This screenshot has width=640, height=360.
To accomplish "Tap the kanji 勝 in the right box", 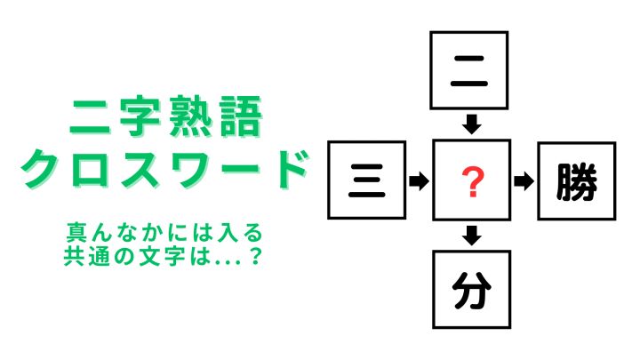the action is [x=577, y=182].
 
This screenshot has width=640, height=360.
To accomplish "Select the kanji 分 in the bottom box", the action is [x=472, y=291].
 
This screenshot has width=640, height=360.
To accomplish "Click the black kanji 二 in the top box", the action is [x=469, y=71].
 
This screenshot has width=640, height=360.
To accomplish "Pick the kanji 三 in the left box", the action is [x=366, y=180].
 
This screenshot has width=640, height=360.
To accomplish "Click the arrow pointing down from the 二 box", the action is [x=472, y=124].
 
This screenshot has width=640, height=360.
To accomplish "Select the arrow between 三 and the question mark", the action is [x=419, y=180].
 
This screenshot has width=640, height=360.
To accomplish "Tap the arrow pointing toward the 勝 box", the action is [x=524, y=181].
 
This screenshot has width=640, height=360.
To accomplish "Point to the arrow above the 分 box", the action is [x=472, y=236].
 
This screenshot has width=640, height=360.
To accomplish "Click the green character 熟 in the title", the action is [x=190, y=116].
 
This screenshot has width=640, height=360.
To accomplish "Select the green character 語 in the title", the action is [x=240, y=116].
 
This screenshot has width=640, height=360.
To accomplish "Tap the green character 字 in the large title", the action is [x=140, y=116].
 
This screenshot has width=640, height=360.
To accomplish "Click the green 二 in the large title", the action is [x=90, y=117].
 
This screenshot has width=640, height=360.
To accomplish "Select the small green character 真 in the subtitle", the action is [x=76, y=233].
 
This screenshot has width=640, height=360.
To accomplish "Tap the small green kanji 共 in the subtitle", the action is [x=74, y=256].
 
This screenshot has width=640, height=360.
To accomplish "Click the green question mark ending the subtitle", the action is [x=255, y=256].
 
